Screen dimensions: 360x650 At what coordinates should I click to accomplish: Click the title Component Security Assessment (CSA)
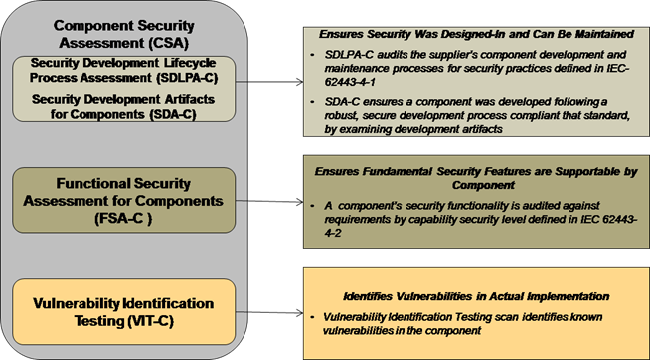122,33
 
